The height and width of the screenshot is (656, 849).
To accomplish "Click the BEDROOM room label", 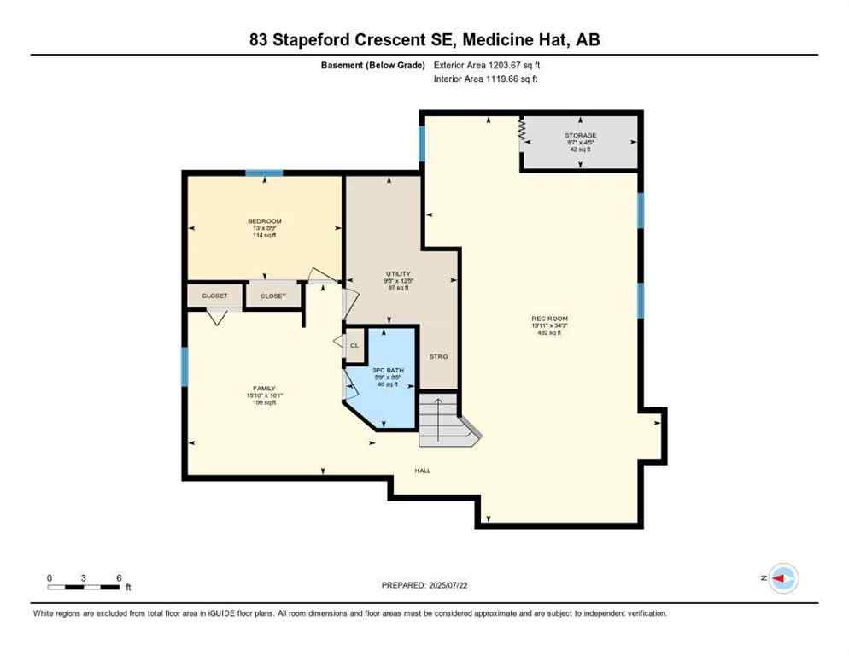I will [x=264, y=221].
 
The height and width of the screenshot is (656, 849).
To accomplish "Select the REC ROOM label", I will [x=549, y=319].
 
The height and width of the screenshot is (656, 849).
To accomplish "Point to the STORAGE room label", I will [x=580, y=135].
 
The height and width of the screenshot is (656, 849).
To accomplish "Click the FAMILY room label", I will [x=264, y=389].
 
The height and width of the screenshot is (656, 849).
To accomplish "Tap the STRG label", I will [x=438, y=356].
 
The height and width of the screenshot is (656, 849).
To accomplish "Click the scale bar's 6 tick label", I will [x=119, y=577].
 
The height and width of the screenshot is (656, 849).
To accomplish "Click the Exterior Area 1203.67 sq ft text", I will [x=488, y=65].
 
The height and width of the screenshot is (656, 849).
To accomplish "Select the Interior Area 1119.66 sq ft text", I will [x=486, y=79].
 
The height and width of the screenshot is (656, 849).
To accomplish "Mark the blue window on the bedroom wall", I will [x=264, y=173].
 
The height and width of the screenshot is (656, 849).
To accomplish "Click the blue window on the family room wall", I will [x=184, y=366].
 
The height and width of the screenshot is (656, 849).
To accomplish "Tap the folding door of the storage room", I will [x=521, y=133].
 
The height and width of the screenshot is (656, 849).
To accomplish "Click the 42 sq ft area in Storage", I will [x=580, y=149].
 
